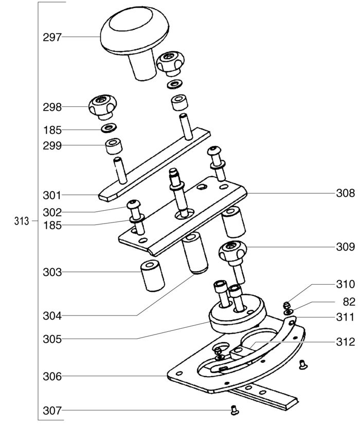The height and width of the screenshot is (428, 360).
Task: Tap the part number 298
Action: (x=52, y=107)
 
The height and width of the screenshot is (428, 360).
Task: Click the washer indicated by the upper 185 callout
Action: (x=109, y=127)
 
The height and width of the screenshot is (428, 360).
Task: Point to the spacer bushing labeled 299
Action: (x=114, y=146)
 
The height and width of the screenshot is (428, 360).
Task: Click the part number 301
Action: (x=52, y=195)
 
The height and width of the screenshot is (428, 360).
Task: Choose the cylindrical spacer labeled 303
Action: (x=152, y=276)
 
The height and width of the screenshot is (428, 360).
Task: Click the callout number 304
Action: (x=52, y=316)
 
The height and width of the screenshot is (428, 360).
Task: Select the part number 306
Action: (x=52, y=377)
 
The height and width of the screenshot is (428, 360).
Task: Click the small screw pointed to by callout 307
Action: (x=234, y=410)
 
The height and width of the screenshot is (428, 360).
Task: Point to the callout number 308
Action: (x=346, y=193)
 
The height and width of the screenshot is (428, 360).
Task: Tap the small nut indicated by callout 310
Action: (x=286, y=305)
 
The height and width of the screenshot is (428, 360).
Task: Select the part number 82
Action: (x=349, y=302)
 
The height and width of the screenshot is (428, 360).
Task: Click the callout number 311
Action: (x=346, y=317)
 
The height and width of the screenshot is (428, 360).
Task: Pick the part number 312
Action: (x=346, y=342)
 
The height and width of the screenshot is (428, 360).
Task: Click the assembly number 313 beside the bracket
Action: (x=22, y=221)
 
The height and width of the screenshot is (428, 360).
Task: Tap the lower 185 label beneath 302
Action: (x=52, y=226)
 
